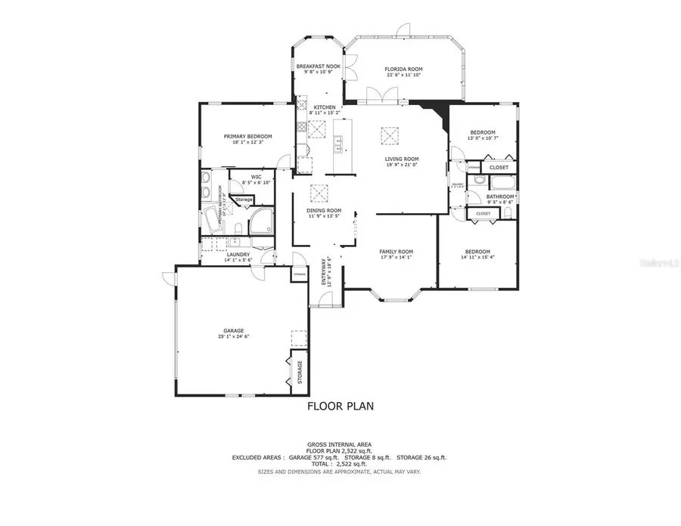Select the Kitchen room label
click(325, 108)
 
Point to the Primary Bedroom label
click(247, 137)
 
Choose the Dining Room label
click(324, 210)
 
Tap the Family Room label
click(396, 252)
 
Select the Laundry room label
click(238, 255)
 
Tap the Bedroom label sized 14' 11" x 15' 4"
click(477, 252)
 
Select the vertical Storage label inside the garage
click(300, 372)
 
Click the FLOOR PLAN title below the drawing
click(340, 406)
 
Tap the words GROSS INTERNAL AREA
click(340, 444)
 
